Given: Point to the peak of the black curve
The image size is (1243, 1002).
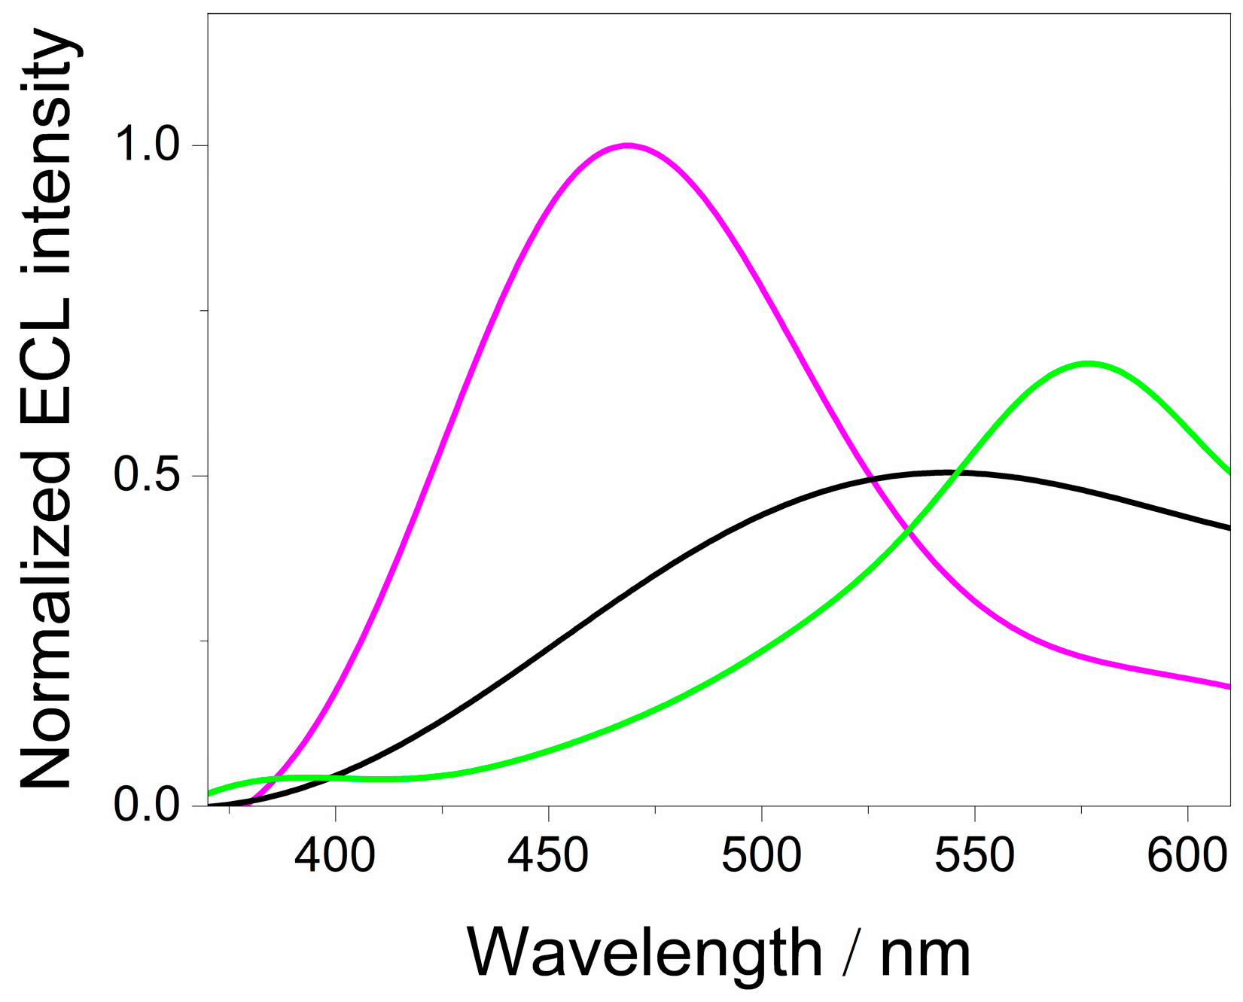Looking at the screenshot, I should coord(945,472).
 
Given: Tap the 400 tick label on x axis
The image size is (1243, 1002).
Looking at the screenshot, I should coord(335,857).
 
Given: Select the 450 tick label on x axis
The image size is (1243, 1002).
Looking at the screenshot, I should coord(548,857).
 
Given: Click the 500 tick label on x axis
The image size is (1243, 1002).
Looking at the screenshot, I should coord(761,857).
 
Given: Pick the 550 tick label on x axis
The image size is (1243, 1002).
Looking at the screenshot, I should coord(974,857).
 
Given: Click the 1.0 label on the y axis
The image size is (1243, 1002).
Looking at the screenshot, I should coord(146,145).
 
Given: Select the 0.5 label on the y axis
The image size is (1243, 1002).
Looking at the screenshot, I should coord(146,475).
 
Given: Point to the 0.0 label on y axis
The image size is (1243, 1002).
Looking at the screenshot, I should coord(146,805).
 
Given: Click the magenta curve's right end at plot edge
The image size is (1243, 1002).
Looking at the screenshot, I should coord(1228,686).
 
